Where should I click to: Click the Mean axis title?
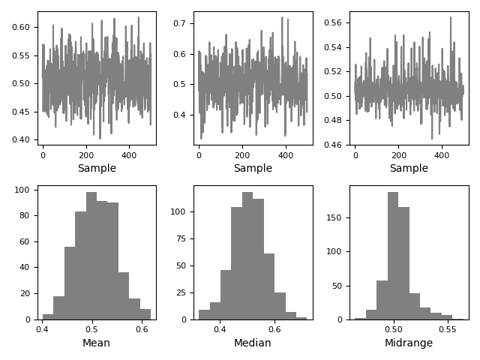96,343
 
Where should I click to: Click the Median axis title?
252,343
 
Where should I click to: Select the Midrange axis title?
409,343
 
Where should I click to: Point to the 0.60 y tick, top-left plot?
22,27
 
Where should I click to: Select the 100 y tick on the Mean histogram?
23,190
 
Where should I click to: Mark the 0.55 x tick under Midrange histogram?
446,328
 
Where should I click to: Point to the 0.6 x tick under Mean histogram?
140,328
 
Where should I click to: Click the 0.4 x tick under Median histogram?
220,328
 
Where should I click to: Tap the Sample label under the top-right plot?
409,168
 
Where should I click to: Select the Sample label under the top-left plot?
97,168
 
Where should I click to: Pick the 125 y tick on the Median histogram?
178,185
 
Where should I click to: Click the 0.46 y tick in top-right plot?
334,145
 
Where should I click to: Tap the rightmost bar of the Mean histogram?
145,314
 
